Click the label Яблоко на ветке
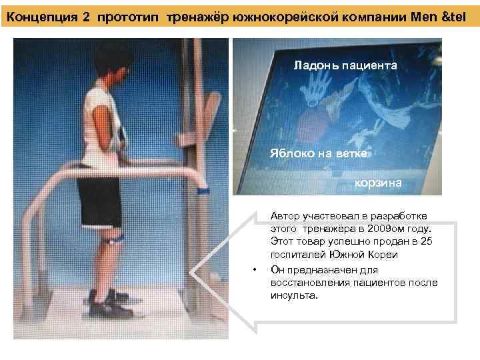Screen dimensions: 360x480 pyautogui.click(x=319, y=153)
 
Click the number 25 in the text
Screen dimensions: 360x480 pyautogui.click(x=427, y=241)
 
